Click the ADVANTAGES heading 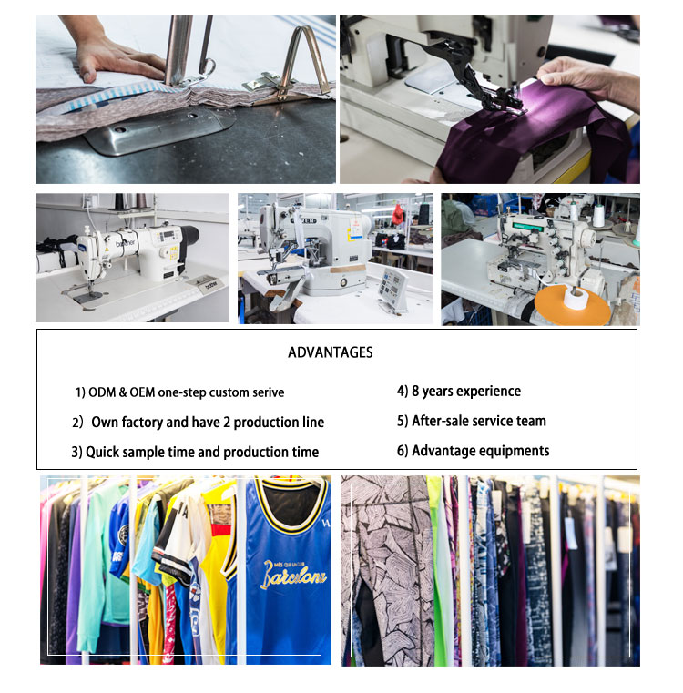click(x=331, y=352)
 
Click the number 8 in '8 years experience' click(x=415, y=392)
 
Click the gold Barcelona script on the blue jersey click(x=293, y=574)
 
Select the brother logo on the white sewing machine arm click(x=126, y=243)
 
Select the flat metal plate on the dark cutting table click(x=159, y=129)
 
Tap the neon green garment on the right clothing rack click(x=440, y=570)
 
